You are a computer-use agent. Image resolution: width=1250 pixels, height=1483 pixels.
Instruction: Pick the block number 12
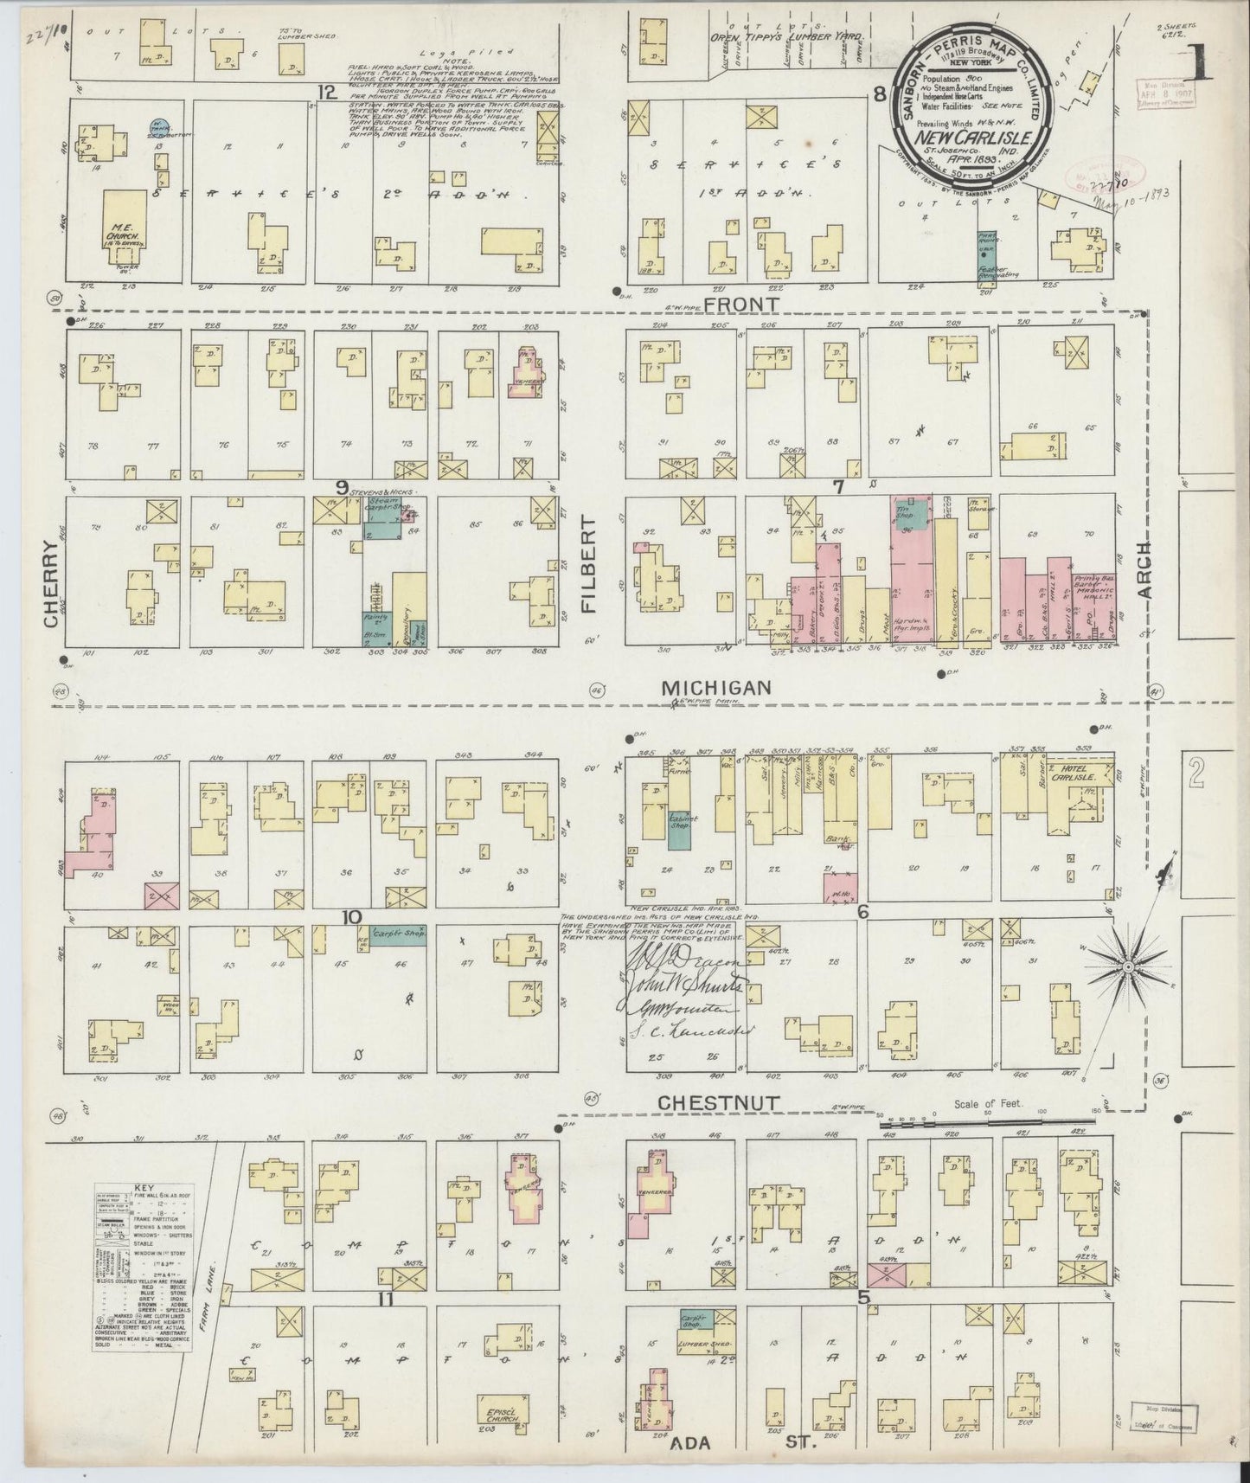coord(325,92)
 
